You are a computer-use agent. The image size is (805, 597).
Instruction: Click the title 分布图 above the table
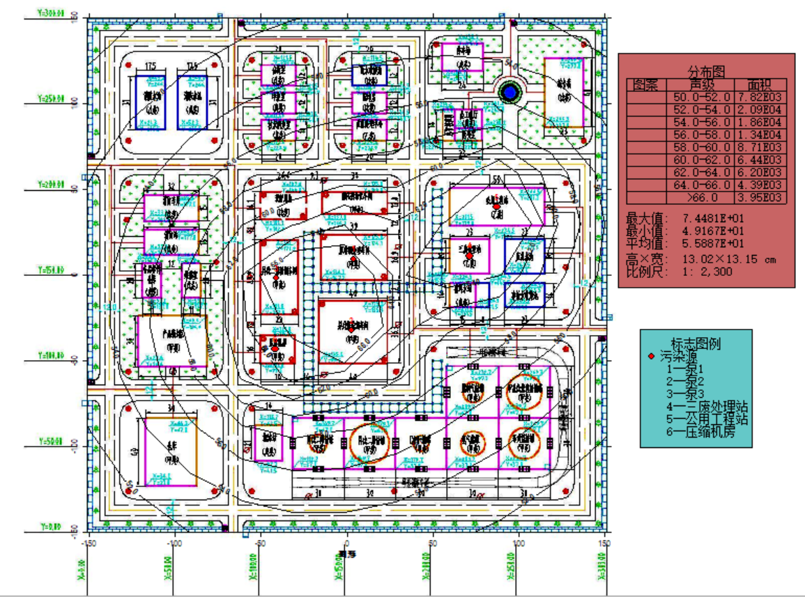tap(707, 72)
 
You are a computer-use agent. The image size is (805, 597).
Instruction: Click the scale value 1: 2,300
tap(706, 272)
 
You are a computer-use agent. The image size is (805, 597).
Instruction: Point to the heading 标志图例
tap(696, 343)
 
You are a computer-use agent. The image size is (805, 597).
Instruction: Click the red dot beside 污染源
tap(651, 356)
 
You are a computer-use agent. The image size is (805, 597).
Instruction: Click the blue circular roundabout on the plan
tap(509, 91)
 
